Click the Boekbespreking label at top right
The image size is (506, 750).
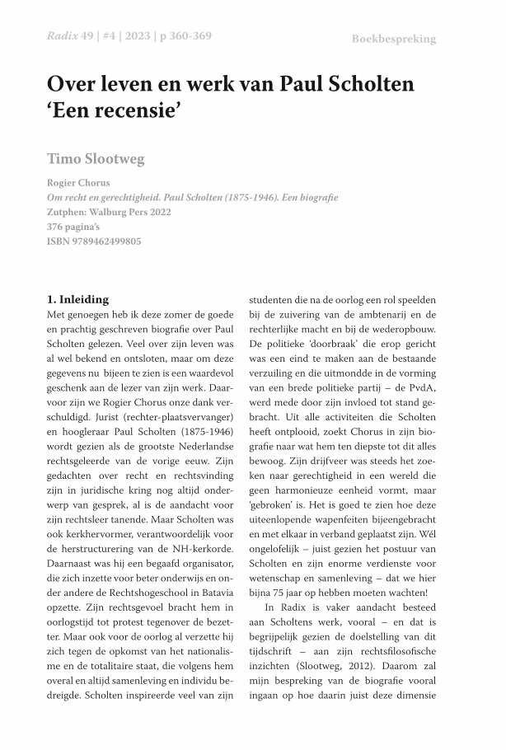pos(393,39)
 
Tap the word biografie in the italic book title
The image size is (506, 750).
pos(316,198)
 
